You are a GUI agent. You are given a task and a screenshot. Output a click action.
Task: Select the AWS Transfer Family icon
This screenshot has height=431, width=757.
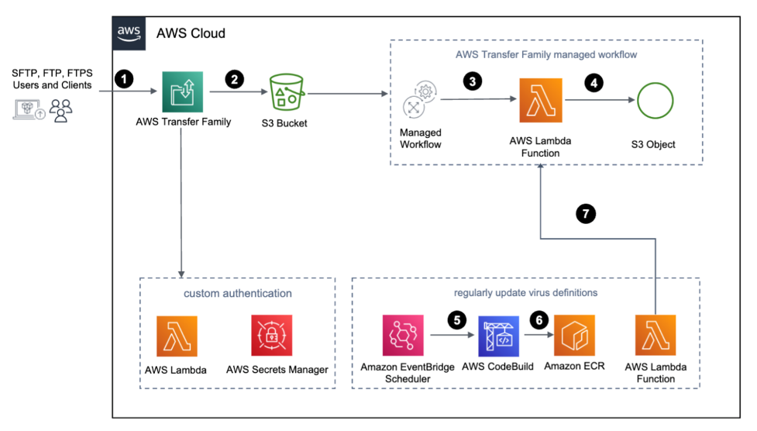pos(182,91)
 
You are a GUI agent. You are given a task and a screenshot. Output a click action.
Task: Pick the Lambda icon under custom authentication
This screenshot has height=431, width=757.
pos(176,335)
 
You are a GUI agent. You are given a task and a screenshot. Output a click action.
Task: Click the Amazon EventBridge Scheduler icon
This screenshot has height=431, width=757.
pos(403,334)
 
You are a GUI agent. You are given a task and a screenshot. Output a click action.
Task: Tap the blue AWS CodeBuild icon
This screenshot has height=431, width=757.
pos(498,335)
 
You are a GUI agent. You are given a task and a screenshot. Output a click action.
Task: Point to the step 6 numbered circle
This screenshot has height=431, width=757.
pos(538,319)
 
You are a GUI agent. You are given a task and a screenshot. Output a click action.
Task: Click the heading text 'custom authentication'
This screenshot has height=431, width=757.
pos(238,293)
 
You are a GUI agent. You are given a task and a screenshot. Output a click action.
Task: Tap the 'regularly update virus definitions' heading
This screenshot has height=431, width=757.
pos(527,292)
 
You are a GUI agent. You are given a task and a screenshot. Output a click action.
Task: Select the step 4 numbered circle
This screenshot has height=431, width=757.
pos(594,81)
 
